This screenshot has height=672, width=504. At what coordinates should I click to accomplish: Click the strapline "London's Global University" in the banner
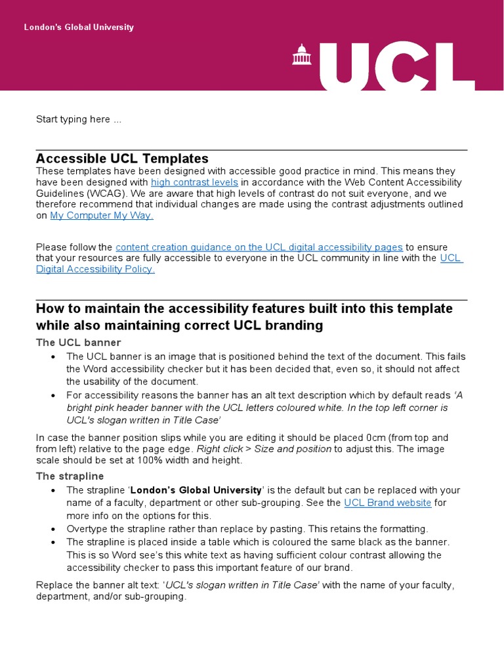tap(79, 28)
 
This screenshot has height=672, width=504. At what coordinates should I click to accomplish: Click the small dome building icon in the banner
tap(302, 55)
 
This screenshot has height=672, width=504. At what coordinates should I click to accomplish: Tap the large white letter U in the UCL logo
tap(348, 66)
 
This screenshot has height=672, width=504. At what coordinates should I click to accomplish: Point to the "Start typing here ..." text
tap(79, 119)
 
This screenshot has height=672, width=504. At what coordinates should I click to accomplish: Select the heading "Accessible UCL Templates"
tap(122, 159)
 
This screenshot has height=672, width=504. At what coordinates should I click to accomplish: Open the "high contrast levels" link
tap(194, 182)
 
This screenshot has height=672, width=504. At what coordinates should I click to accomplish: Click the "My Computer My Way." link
tap(102, 215)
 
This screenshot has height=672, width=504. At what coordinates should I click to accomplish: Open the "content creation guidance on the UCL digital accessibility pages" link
tap(259, 247)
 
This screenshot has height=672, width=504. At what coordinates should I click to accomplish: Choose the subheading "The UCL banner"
tap(79, 343)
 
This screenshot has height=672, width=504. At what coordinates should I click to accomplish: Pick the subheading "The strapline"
tap(70, 476)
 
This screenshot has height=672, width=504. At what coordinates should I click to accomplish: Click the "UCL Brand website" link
tap(388, 503)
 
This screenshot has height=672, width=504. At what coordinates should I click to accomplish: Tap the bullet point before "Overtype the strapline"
tap(52, 529)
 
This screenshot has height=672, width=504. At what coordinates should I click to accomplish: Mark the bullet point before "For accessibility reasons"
tap(52, 396)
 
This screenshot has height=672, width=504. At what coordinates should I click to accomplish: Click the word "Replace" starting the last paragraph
tap(54, 585)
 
